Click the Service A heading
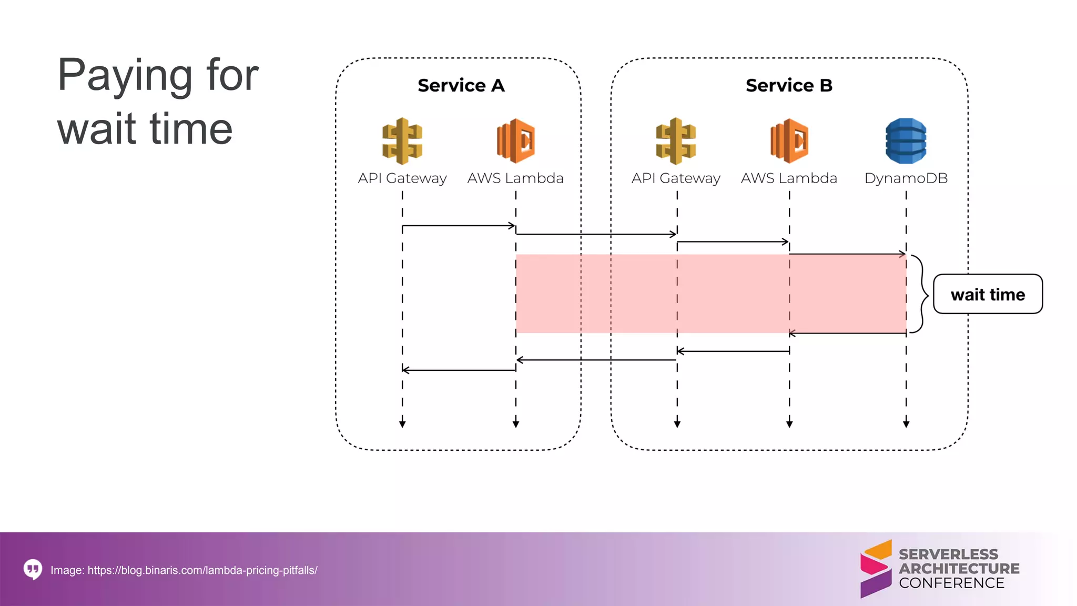click(461, 85)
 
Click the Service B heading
click(789, 85)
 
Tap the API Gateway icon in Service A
click(402, 141)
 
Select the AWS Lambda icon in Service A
click(516, 141)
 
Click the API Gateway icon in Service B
click(676, 141)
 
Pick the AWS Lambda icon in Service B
click(789, 141)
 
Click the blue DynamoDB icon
click(906, 141)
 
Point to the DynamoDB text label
click(906, 178)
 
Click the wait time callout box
click(988, 294)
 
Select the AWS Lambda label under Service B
click(789, 178)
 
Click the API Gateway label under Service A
click(402, 178)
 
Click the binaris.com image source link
click(202, 570)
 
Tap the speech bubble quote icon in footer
click(33, 569)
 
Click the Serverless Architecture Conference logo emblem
click(876, 569)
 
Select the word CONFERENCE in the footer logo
click(951, 583)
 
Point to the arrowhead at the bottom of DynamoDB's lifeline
click(906, 423)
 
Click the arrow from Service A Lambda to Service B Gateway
click(596, 234)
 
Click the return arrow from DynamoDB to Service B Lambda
click(848, 334)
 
